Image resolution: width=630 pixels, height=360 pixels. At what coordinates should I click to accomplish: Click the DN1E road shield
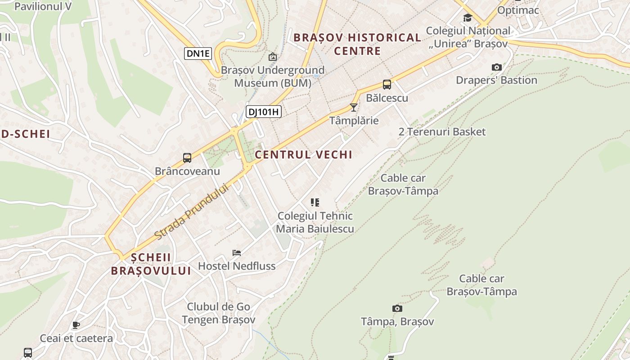198,54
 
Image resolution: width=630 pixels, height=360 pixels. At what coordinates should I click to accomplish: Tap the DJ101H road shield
263,112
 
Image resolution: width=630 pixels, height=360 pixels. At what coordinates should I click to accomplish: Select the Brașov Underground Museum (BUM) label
272,76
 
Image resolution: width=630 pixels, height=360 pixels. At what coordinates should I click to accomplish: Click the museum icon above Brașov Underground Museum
272,57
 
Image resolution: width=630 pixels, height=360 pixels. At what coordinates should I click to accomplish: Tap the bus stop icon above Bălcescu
387,85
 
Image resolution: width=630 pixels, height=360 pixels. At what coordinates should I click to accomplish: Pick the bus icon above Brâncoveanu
187,158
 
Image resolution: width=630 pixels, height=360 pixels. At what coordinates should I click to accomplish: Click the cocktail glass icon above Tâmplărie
354,108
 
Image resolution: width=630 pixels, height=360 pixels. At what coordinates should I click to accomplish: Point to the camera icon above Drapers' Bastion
496,67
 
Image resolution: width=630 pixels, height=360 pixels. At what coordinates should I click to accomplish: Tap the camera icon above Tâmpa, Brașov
397,308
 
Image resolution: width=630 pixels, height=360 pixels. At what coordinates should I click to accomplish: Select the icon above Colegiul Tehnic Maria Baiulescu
315,202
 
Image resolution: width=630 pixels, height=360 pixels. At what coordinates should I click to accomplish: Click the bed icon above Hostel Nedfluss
237,252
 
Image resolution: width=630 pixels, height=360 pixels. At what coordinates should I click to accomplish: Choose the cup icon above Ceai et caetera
76,325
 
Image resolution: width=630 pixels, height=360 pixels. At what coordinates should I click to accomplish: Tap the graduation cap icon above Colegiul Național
468,18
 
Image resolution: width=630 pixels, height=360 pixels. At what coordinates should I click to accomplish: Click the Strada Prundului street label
192,211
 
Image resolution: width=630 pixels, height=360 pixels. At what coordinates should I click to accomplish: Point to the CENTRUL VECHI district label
303,155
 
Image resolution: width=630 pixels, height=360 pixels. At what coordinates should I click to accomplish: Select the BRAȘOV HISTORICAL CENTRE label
357,44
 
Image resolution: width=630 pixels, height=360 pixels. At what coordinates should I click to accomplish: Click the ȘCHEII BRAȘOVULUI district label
151,264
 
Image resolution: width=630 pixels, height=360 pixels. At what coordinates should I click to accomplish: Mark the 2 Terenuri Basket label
442,132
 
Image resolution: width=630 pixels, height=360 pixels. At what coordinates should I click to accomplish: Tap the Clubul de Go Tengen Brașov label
218,313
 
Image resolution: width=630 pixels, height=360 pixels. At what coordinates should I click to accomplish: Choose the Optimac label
518,10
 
